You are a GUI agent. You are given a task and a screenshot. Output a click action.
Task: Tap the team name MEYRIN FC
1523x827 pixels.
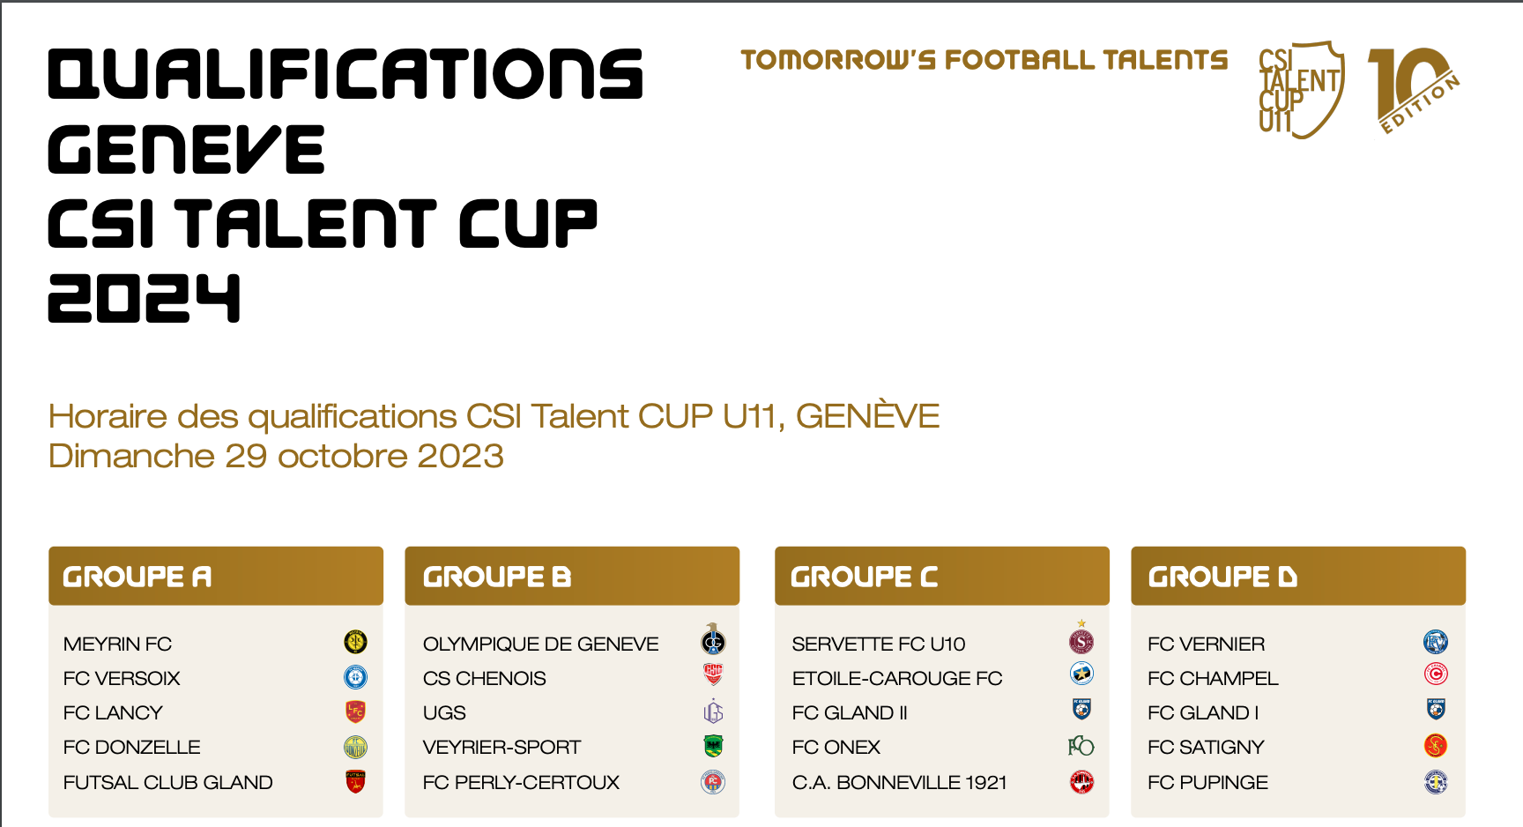point(117,644)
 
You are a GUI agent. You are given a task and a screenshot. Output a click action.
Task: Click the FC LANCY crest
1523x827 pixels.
point(355,712)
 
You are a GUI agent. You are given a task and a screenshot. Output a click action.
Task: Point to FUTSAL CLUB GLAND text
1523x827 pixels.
point(168,783)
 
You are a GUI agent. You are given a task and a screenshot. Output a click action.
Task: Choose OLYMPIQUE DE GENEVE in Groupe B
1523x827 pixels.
point(540,644)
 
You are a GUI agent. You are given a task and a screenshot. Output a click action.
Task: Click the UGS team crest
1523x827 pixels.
point(713,712)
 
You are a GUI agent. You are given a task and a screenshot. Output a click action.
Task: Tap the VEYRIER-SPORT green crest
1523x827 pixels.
point(713,747)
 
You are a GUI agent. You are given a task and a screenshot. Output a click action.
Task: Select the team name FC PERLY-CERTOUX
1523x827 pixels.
point(521,783)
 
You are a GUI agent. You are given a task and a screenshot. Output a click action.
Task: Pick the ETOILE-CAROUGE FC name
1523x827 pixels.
point(897,679)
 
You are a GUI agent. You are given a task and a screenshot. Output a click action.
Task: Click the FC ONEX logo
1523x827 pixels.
point(1081,747)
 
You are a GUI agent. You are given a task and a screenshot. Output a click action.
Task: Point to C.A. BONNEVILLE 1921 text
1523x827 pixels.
point(899,783)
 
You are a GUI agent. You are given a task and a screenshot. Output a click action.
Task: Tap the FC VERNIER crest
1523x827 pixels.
point(1436,642)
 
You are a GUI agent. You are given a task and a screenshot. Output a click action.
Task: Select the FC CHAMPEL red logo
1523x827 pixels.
point(1436,674)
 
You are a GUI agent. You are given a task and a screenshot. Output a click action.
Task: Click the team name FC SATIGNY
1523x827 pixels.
point(1206,748)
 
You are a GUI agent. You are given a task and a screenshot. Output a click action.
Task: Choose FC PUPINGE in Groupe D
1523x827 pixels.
point(1207,783)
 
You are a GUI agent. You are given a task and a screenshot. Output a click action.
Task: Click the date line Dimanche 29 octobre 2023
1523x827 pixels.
point(276,457)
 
